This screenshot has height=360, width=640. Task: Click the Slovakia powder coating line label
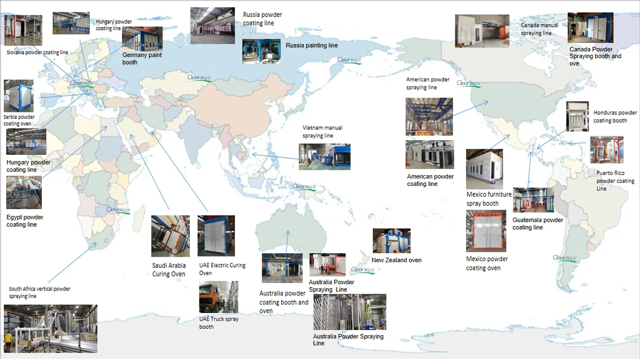pyautogui.click(x=37, y=53)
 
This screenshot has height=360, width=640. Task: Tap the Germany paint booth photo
pyautogui.click(x=142, y=38)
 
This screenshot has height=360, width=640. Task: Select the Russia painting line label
pyautogui.click(x=311, y=45)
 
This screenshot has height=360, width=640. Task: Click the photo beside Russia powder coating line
pyautogui.click(x=212, y=25)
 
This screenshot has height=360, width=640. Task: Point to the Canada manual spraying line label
pyautogui.click(x=539, y=29)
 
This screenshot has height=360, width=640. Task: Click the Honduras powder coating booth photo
pyautogui.click(x=576, y=117)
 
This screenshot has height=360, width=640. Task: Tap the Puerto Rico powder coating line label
pyautogui.click(x=615, y=181)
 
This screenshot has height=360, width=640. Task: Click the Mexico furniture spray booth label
pyautogui.click(x=489, y=198)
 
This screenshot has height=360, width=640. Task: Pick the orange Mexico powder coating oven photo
pyautogui.click(x=486, y=231)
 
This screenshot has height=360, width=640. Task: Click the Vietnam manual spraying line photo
pyautogui.click(x=324, y=157)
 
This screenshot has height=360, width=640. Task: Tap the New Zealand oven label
pyautogui.click(x=396, y=260)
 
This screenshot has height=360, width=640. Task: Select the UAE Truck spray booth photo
pyautogui.click(x=218, y=297)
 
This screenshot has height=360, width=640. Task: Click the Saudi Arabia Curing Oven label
pyautogui.click(x=169, y=270)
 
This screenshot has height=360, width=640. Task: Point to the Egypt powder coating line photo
pyautogui.click(x=24, y=193)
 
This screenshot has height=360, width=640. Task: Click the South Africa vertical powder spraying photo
pyautogui.click(x=50, y=329)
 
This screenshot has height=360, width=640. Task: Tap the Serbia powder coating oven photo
pyautogui.click(x=19, y=96)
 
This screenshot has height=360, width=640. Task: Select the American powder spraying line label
pyautogui.click(x=428, y=84)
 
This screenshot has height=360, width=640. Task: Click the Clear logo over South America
pyautogui.click(x=565, y=258)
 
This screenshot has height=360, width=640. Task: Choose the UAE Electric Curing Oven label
pyautogui.click(x=222, y=269)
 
